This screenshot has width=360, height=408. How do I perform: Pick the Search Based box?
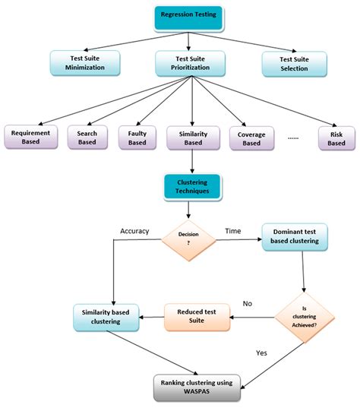pyautogui.click(x=87, y=137)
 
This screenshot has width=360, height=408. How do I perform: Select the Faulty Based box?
pyautogui.click(x=137, y=137)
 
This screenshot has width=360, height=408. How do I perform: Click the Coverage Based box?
pyautogui.click(x=251, y=138)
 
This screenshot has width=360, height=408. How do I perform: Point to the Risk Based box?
pyautogui.click(x=336, y=137)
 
